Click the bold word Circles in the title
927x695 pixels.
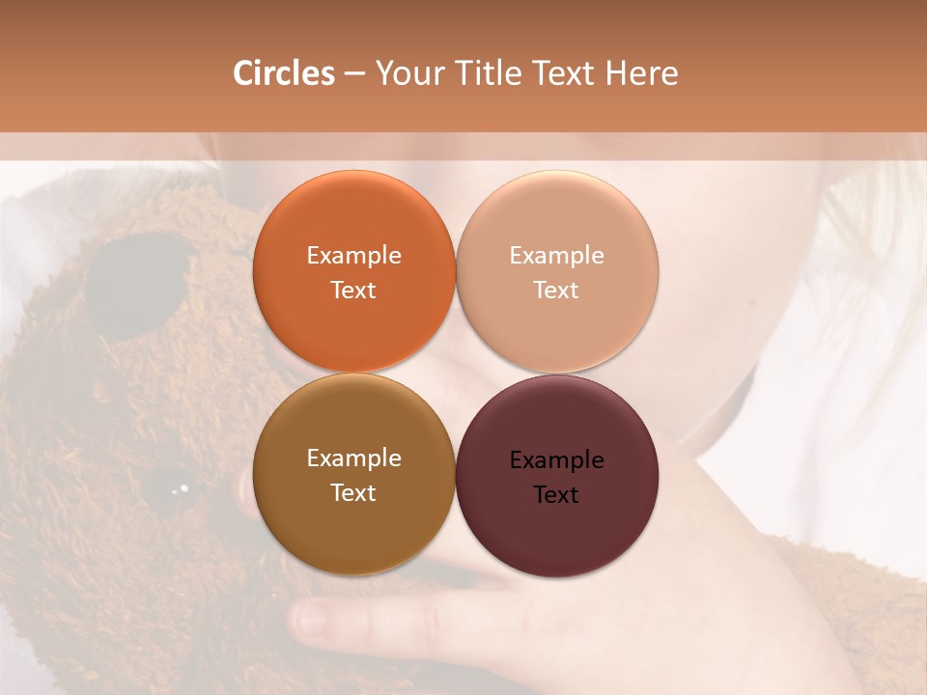283,73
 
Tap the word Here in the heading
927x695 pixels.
641,73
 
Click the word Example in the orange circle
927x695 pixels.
353,256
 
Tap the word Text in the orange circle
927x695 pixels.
353,291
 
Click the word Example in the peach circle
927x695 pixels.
556,256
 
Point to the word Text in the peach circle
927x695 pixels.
556,291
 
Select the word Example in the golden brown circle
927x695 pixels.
353,459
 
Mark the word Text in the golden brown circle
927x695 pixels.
353,493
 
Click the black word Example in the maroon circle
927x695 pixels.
556,460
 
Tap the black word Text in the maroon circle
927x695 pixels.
556,495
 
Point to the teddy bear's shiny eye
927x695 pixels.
181,488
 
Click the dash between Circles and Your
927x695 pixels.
354,74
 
